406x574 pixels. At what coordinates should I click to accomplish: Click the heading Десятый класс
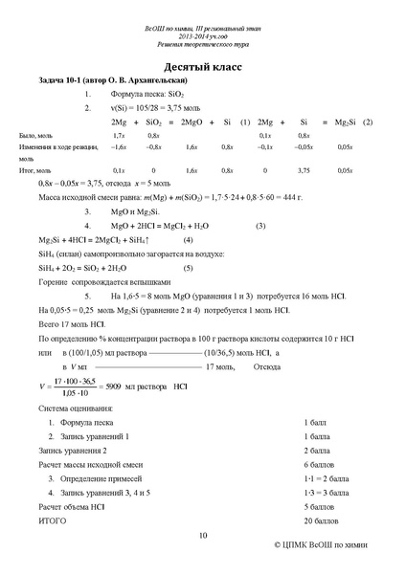coord(203,69)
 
